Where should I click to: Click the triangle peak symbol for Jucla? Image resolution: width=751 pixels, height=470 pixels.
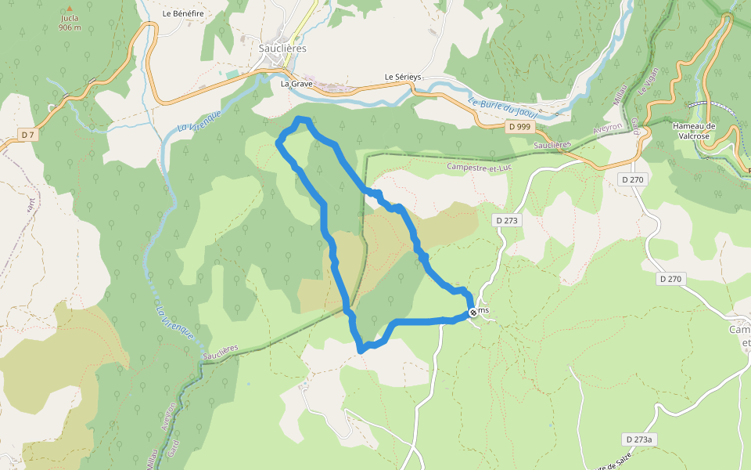69,6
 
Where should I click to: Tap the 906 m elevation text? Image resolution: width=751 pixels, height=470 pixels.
70,27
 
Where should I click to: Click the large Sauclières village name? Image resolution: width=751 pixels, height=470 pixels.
282,48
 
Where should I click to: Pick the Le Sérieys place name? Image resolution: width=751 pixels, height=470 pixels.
403,77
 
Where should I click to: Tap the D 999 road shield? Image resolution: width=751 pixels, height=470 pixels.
519,126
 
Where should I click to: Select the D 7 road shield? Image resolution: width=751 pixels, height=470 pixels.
28,136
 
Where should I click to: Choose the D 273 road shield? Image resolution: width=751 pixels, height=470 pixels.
507,221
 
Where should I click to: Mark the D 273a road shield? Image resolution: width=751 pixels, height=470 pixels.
638,439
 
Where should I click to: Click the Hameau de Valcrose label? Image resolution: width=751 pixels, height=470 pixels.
695,130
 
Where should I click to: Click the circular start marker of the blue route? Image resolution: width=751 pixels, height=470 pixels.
473,313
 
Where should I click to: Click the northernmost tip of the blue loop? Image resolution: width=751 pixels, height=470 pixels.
302,118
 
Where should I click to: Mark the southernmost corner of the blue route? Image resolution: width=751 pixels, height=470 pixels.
361,350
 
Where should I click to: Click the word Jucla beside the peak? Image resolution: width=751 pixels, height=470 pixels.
70,18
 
